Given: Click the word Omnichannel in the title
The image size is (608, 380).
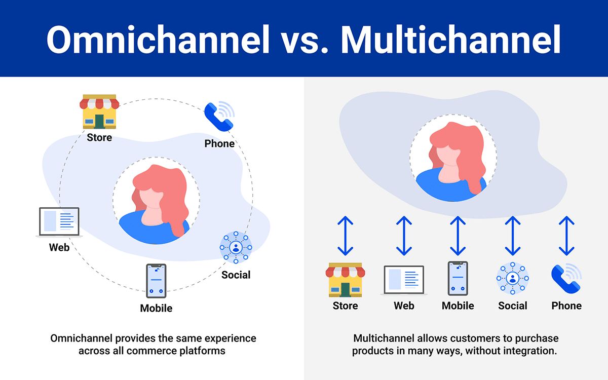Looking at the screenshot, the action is click(x=158, y=40).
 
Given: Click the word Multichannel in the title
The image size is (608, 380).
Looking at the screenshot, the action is click(x=451, y=40).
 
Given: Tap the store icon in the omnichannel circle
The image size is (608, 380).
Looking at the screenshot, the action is click(x=99, y=111).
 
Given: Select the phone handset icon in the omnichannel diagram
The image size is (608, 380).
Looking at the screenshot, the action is click(x=219, y=116).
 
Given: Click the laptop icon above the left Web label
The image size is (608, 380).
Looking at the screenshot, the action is click(x=59, y=222).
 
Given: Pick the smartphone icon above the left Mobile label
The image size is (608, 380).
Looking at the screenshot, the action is click(x=156, y=281).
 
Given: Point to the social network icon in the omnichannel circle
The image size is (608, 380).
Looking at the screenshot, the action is click(x=236, y=247).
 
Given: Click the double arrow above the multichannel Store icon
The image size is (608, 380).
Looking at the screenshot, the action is click(x=345, y=236).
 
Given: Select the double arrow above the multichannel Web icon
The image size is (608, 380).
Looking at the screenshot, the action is click(x=404, y=236).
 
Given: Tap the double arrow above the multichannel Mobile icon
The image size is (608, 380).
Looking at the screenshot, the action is click(x=458, y=236).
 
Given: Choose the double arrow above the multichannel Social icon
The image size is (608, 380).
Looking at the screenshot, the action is click(x=513, y=236).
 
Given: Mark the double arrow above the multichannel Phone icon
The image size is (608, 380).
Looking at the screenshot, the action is click(x=566, y=236).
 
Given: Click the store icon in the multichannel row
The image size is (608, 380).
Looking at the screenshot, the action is click(x=345, y=280).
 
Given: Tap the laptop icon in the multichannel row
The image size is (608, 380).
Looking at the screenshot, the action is click(x=404, y=280).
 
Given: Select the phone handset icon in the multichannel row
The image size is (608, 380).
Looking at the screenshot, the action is click(x=566, y=279).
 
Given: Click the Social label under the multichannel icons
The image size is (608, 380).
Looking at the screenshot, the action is click(x=513, y=306).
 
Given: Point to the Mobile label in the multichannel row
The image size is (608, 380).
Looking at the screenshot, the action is click(x=458, y=306).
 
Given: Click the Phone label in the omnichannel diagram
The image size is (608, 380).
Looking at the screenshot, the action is click(x=219, y=143).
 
